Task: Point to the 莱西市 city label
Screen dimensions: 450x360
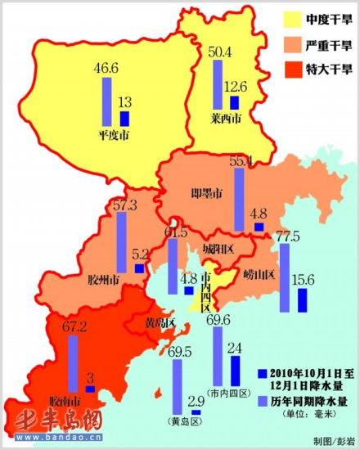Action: click(x=225, y=119)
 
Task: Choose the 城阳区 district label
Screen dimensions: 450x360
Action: click(x=218, y=248)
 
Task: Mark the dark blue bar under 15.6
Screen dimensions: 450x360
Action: click(x=302, y=300)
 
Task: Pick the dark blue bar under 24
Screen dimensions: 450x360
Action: click(x=236, y=371)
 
